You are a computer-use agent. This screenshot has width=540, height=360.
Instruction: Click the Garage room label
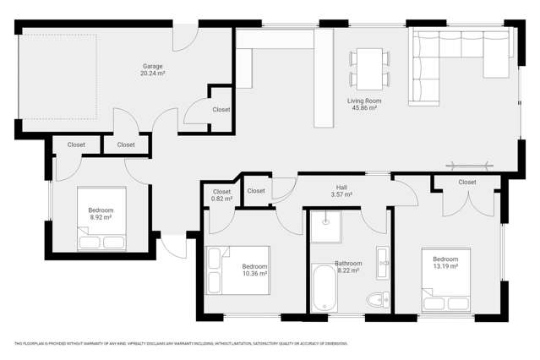tap(152, 66)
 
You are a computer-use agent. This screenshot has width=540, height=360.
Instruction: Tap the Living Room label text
tap(362, 101)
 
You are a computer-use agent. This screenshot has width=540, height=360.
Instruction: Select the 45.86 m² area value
tap(362, 108)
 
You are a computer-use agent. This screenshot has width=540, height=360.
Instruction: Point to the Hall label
tap(341, 187)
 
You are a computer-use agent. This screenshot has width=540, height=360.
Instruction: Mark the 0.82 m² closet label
tap(221, 195)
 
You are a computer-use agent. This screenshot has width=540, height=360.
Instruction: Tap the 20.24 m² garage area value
tap(152, 74)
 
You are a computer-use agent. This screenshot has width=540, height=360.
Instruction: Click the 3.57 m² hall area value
tap(341, 194)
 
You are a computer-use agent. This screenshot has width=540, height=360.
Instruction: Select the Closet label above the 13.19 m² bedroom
tap(466, 182)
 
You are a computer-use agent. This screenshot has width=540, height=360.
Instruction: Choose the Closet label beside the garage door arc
tap(221, 110)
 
